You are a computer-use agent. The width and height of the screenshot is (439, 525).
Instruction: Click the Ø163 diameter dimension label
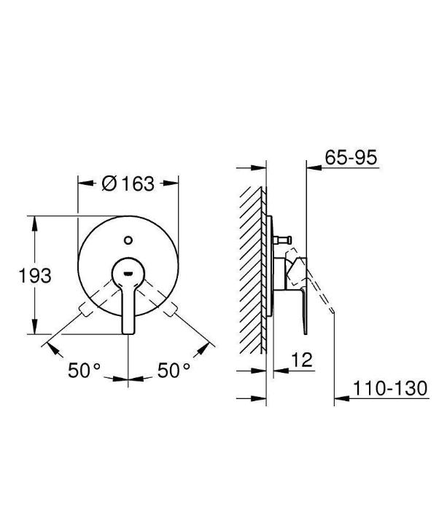[128, 183]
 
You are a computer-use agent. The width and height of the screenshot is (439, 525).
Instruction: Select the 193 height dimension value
[35, 275]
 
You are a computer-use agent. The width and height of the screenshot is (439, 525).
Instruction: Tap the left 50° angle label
[84, 371]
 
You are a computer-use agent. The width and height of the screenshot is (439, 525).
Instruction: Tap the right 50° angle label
[174, 371]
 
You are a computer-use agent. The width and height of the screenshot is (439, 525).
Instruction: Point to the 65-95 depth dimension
[351, 157]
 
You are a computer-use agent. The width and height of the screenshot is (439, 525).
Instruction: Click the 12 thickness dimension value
[302, 360]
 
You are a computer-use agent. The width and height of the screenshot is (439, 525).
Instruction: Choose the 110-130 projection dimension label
[390, 388]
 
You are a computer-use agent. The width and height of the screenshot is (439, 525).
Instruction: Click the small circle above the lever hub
[128, 240]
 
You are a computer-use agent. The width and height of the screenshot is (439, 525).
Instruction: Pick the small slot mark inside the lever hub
[128, 274]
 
